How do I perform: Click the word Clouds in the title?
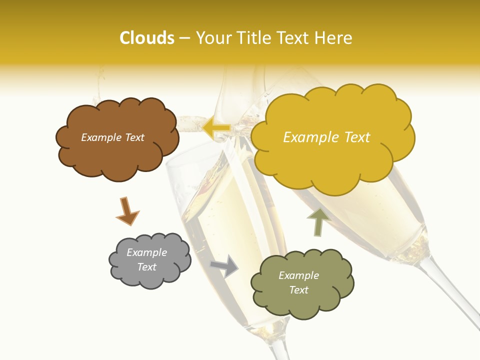[x=147, y=38]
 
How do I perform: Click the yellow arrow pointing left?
[x=216, y=127]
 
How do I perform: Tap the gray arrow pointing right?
[x=225, y=266]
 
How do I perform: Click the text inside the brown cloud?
[x=112, y=137]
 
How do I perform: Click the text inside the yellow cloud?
[x=326, y=137]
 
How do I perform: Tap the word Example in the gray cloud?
[x=146, y=252]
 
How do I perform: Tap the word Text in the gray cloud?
[x=146, y=267]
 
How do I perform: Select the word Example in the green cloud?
[x=298, y=275]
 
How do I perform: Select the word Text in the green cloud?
[x=298, y=290]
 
